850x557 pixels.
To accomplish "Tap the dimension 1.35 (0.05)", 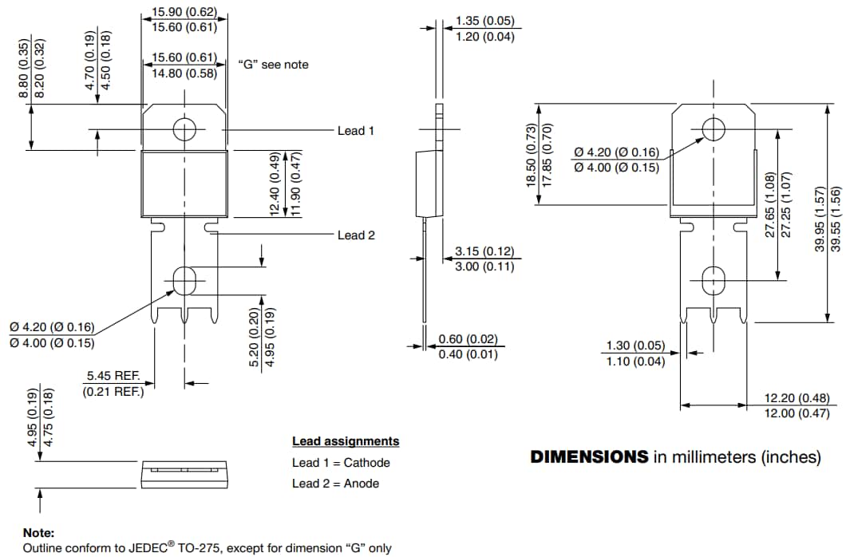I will pyautogui.click(x=484, y=21).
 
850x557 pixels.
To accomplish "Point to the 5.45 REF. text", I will pyautogui.click(x=113, y=375).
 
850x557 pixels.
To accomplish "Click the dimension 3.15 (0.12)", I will pyautogui.click(x=484, y=251).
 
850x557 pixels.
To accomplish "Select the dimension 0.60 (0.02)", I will pyautogui.click(x=468, y=339).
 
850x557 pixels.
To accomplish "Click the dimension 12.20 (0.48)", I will pyautogui.click(x=797, y=397).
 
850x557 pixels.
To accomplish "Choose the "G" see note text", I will pyautogui.click(x=273, y=64).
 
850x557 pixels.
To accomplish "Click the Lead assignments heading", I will pyautogui.click(x=346, y=441).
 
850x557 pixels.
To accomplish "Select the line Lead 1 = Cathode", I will pyautogui.click(x=341, y=463).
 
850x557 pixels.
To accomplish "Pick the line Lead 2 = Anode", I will pyautogui.click(x=335, y=484).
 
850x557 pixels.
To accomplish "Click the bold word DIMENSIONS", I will pyautogui.click(x=589, y=457).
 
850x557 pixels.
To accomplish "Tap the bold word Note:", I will pyautogui.click(x=39, y=532).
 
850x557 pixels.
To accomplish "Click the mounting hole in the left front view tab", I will pyautogui.click(x=184, y=129).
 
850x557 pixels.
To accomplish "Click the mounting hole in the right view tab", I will pyautogui.click(x=713, y=128).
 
